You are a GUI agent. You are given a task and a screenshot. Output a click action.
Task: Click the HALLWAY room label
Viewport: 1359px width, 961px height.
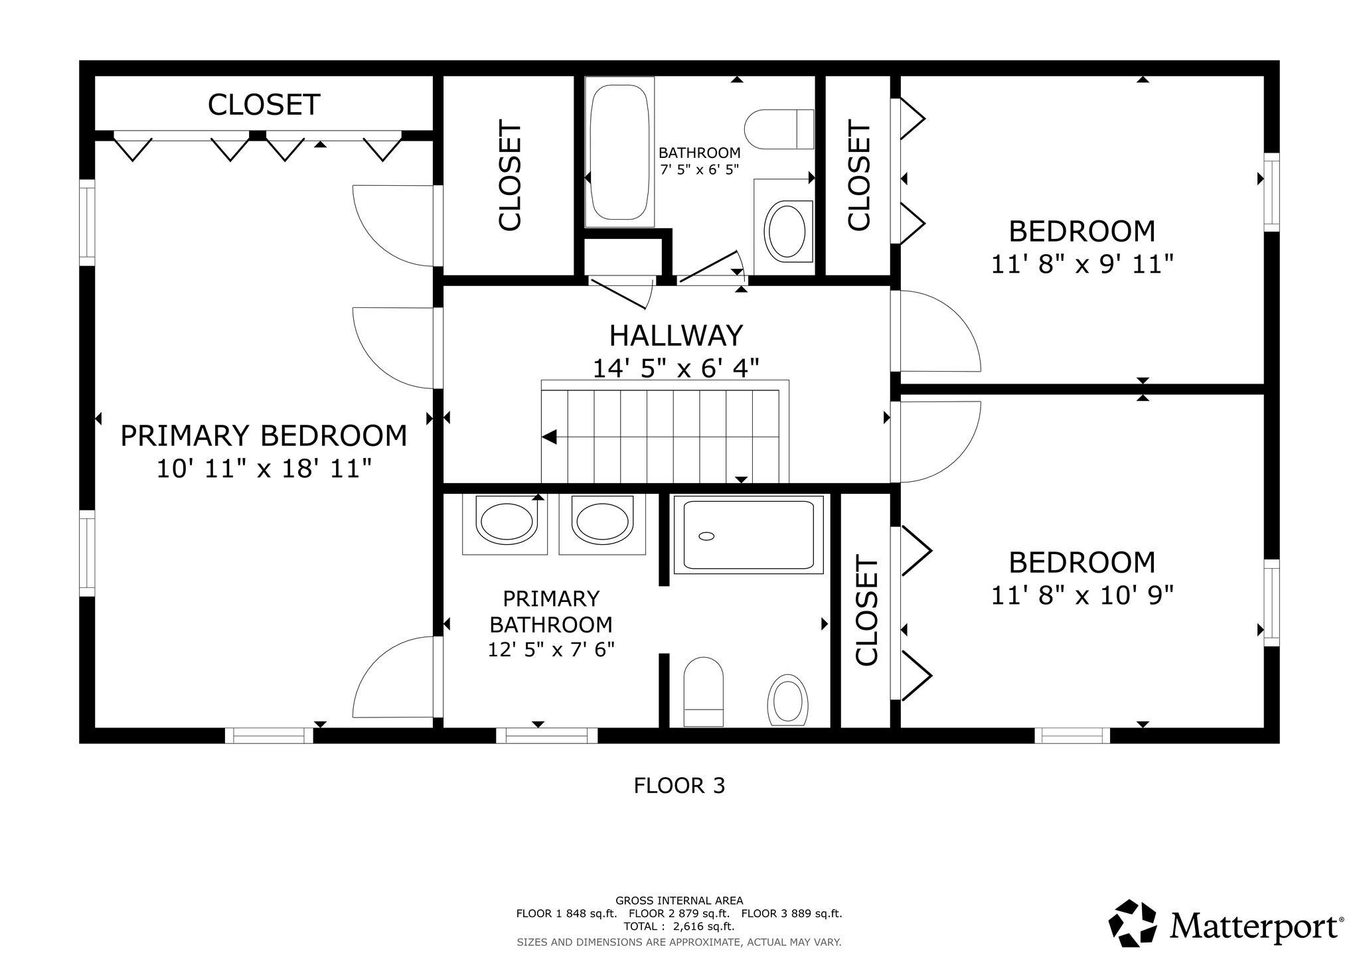pyautogui.click(x=675, y=336)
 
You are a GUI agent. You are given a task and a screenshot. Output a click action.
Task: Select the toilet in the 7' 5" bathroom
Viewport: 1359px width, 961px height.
pyautogui.click(x=780, y=129)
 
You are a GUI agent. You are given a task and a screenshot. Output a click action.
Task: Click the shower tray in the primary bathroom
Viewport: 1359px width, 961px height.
pyautogui.click(x=748, y=535)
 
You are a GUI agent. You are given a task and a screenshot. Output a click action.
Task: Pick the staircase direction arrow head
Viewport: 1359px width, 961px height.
pyautogui.click(x=549, y=437)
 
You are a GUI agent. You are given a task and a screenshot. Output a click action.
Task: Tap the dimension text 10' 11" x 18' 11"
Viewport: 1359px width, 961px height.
pyautogui.click(x=263, y=469)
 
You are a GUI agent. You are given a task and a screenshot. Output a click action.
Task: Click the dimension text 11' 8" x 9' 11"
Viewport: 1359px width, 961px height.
pyautogui.click(x=1081, y=265)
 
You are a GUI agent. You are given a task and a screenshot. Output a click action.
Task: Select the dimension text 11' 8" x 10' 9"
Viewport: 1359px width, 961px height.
pyautogui.click(x=1081, y=595)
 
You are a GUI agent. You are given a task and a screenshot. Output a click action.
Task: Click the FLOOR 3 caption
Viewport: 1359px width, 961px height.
pyautogui.click(x=679, y=786)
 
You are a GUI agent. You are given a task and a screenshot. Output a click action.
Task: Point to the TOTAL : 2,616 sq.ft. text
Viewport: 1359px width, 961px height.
pyautogui.click(x=679, y=926)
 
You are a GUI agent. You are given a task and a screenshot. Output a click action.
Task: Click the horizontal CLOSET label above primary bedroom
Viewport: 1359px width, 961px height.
pyautogui.click(x=264, y=105)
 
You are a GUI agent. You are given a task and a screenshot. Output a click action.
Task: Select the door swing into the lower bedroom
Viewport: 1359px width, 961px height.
pyautogui.click(x=936, y=441)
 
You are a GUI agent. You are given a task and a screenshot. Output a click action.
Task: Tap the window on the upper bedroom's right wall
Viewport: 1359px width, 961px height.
pyautogui.click(x=1271, y=192)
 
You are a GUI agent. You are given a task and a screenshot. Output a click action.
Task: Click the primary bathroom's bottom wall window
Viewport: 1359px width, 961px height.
pyautogui.click(x=546, y=735)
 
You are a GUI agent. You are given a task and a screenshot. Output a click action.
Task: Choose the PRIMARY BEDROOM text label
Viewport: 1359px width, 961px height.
pyautogui.click(x=263, y=436)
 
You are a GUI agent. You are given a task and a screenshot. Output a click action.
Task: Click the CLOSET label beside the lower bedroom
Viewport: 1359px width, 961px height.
pyautogui.click(x=866, y=611)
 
